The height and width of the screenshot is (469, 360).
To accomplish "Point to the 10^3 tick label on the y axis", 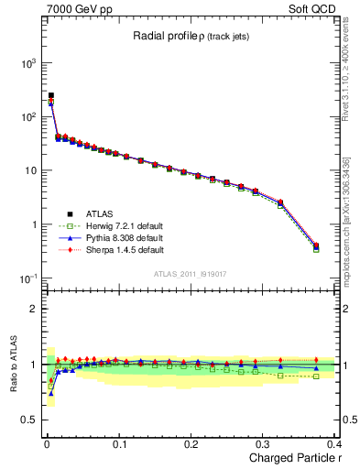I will click(x=24, y=63).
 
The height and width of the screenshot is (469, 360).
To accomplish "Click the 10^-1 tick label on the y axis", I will click(x=24, y=278).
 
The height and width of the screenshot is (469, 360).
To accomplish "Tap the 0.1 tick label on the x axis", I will click(x=119, y=443).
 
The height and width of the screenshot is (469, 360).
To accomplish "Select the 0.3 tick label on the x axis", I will click(x=264, y=443).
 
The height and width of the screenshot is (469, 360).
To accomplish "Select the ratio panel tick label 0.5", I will click(x=27, y=420).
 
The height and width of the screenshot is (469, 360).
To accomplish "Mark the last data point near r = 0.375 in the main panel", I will click(x=316, y=245).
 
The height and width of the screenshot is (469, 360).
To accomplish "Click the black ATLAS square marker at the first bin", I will click(x=50, y=95).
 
